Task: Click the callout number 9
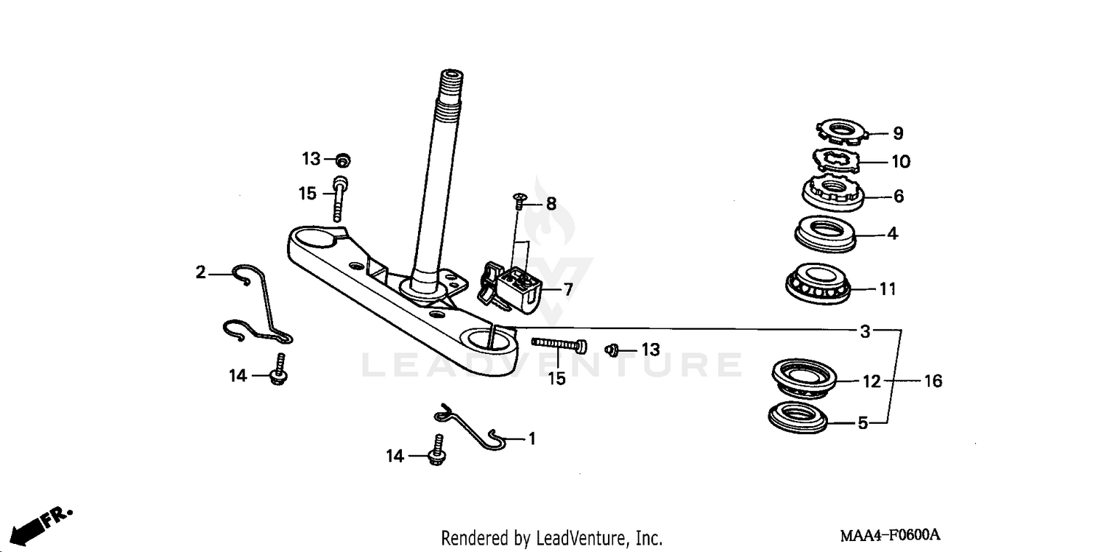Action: coord(898,134)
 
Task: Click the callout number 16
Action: coord(933,381)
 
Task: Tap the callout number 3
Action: coord(866,332)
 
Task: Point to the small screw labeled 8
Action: coord(518,201)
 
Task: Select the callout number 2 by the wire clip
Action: coord(201,273)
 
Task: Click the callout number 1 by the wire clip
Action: coord(531,439)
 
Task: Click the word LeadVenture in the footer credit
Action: coord(578,538)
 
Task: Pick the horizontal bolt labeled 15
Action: coord(559,344)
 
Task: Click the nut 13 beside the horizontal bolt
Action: coord(610,350)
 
